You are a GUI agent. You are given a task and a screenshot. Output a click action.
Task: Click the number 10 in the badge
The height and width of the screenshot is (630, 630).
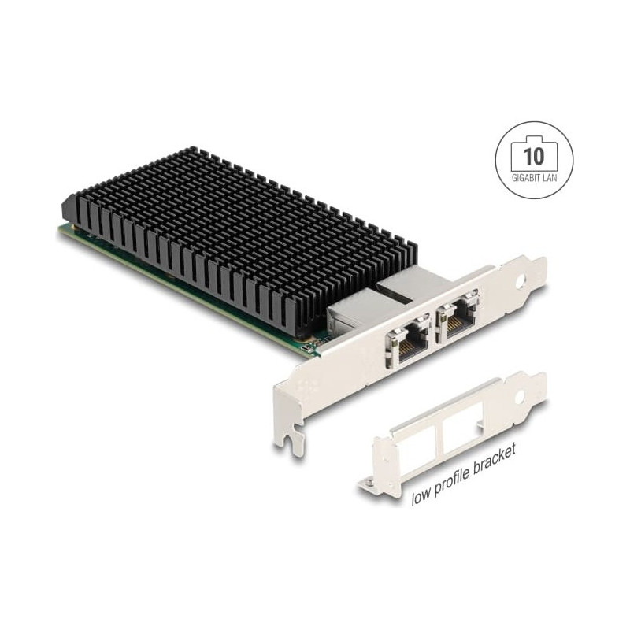tap(534, 156)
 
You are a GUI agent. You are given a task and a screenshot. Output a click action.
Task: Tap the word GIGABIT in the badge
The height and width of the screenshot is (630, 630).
tap(525, 178)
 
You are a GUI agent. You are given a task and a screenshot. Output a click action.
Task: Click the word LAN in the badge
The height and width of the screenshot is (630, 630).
tap(549, 178)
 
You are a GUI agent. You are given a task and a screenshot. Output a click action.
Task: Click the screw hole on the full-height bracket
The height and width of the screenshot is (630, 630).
tap(521, 280)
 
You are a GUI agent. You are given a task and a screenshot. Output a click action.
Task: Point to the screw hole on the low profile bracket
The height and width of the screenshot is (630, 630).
tap(520, 396)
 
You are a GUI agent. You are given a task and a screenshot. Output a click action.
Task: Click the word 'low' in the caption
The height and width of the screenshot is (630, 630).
tap(421, 497)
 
